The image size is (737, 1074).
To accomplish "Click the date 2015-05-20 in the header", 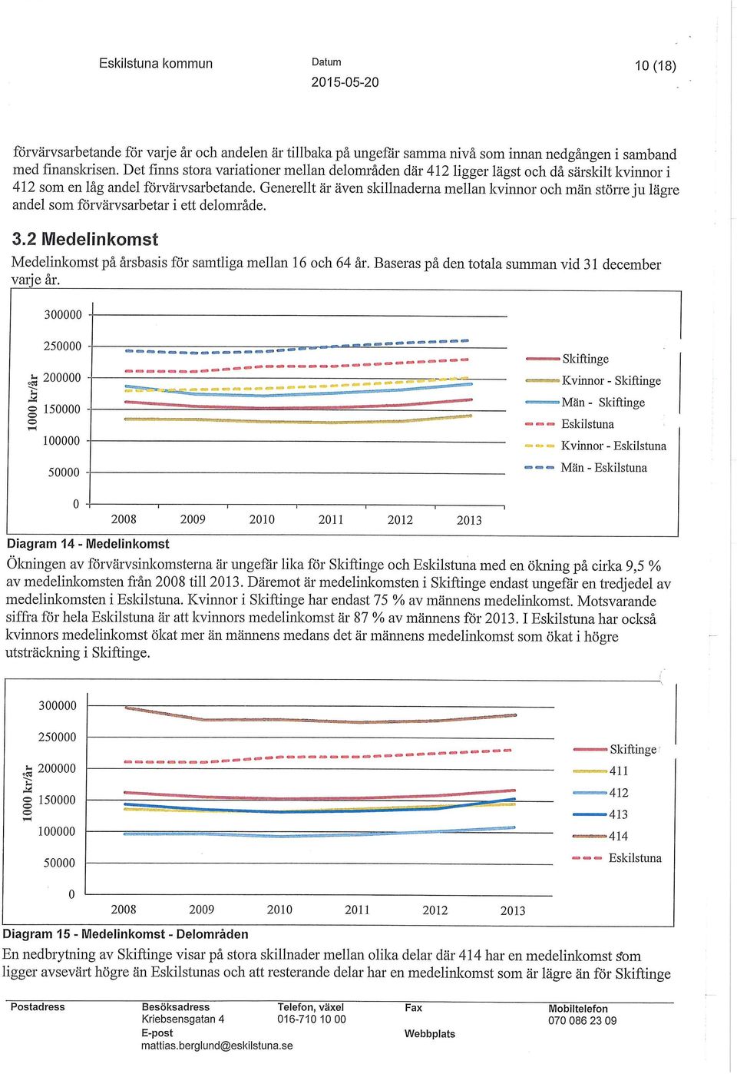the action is [345, 82].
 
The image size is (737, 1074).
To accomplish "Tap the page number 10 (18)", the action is [656, 66].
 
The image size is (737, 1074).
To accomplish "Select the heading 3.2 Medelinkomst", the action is [84, 239].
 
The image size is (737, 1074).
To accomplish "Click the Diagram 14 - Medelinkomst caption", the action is [88, 544].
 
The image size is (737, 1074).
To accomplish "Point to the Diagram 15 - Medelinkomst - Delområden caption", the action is [126, 934].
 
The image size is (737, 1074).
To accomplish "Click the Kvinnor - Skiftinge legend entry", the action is [593, 381].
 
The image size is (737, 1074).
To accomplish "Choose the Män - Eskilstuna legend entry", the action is [586, 468].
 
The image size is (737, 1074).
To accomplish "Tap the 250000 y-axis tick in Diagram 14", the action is [62, 346].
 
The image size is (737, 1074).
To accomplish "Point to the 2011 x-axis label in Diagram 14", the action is [331, 520].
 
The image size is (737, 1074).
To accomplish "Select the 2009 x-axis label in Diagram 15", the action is [202, 910].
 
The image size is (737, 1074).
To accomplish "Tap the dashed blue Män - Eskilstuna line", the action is [297, 347].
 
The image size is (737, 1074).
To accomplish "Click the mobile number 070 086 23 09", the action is [582, 1020].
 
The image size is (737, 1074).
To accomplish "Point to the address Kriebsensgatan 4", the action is [183, 1019].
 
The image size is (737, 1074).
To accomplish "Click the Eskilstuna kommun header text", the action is [156, 63].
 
